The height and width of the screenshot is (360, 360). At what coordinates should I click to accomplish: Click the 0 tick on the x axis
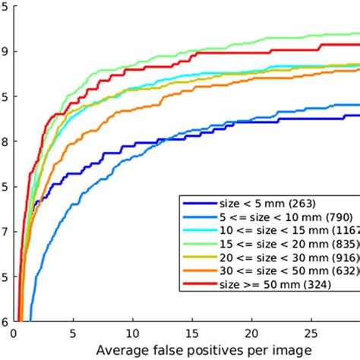14,331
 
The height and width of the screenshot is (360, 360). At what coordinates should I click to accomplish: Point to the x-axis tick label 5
73,331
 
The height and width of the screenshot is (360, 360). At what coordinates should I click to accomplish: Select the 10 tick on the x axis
134,331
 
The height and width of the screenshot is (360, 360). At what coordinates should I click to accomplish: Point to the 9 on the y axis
5,51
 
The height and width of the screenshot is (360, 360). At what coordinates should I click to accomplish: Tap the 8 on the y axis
5,141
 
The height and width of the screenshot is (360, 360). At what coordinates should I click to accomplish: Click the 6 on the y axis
5,321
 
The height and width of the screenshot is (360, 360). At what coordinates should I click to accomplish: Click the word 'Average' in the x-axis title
123,350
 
